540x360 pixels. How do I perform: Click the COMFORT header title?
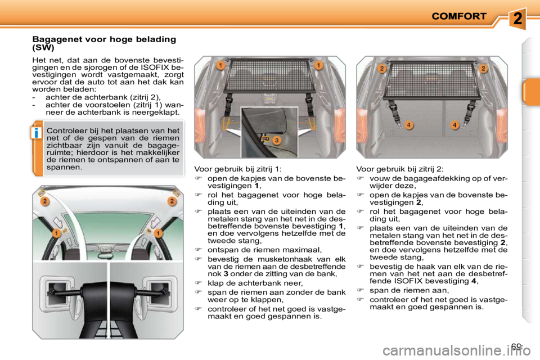[x=458, y=16]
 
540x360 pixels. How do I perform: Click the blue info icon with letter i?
[x=35, y=133]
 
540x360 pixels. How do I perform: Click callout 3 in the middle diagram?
[x=277, y=140]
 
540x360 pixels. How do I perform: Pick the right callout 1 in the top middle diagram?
[x=318, y=66]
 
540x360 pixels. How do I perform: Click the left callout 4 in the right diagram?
[x=409, y=124]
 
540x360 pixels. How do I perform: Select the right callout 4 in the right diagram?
[x=454, y=124]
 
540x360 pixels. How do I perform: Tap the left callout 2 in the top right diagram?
[x=382, y=69]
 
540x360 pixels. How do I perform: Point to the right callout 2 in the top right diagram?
[x=482, y=69]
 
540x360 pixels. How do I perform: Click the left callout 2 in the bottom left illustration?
[x=44, y=201]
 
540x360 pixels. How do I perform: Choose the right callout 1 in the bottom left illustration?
[x=159, y=232]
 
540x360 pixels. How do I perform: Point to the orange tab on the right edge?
[x=530, y=92]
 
